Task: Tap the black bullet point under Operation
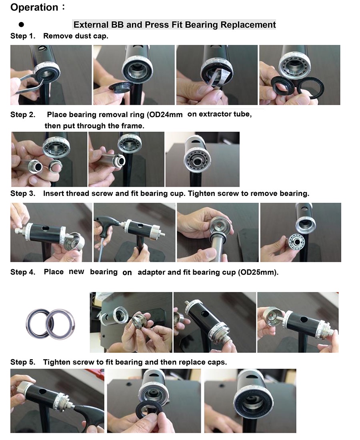pos(22,25)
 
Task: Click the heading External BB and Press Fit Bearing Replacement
pos(174,25)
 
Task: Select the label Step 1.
pos(22,36)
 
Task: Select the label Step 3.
pos(22,194)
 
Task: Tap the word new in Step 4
pos(76,272)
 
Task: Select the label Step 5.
pos(22,362)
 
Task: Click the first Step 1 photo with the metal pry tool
pos(51,75)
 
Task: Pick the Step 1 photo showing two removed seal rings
pos(300,75)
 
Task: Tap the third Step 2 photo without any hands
pos(202,159)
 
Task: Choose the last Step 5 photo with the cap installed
pos(250,401)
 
